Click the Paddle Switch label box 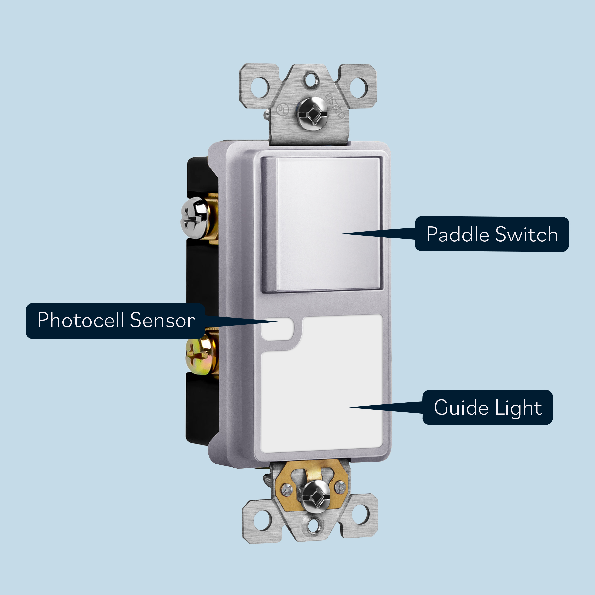492,234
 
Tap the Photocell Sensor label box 115,321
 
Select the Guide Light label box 487,407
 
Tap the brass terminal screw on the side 199,356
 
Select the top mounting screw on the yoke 312,111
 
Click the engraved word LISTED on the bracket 335,106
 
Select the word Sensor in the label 162,321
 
